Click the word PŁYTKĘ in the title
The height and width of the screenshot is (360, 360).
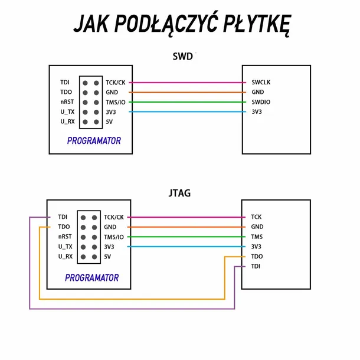[257, 24]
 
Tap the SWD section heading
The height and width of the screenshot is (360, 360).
[182, 57]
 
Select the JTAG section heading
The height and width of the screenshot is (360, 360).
[179, 193]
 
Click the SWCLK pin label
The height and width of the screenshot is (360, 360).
[261, 82]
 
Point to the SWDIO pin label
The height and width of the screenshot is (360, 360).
[261, 102]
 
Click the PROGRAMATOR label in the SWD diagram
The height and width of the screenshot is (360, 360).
[94, 140]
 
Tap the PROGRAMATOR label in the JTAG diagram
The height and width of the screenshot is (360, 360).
[92, 277]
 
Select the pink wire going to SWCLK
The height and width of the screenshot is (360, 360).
[187, 83]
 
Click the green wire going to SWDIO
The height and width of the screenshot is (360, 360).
[187, 102]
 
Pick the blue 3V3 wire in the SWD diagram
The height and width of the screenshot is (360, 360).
[187, 112]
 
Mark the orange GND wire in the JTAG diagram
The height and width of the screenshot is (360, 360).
[186, 227]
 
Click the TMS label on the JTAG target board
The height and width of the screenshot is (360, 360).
[257, 237]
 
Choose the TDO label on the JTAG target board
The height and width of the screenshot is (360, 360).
[257, 257]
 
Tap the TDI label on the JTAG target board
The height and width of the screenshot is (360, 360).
[256, 266]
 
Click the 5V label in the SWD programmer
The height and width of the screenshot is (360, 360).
[109, 122]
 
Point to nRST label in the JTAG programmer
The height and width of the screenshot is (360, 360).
[65, 237]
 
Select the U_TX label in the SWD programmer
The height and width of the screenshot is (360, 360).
[67, 112]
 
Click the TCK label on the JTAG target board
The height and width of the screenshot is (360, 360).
[256, 217]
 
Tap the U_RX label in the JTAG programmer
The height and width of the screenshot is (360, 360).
[66, 257]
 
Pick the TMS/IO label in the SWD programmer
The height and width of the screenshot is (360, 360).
[116, 102]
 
